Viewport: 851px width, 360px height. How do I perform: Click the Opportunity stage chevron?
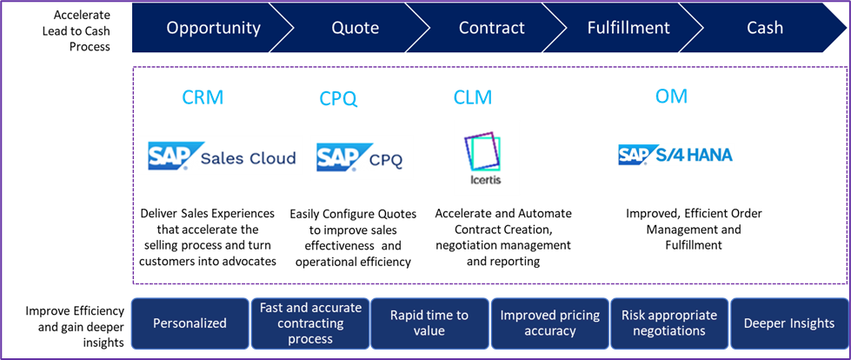213,28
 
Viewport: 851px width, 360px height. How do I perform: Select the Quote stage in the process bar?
355,28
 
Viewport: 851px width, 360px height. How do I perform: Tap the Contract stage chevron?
491,28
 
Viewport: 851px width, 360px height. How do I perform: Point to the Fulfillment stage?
628,28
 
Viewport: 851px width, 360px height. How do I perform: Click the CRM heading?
202,97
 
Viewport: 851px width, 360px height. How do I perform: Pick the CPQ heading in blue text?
338,98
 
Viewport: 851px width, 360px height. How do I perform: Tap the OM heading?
670,96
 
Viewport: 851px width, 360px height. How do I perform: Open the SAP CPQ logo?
361,157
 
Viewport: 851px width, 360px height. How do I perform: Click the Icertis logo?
487,157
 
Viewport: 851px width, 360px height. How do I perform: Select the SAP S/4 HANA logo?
675,155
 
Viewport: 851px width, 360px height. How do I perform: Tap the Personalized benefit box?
189,323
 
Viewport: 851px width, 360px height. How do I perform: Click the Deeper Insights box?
788,323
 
